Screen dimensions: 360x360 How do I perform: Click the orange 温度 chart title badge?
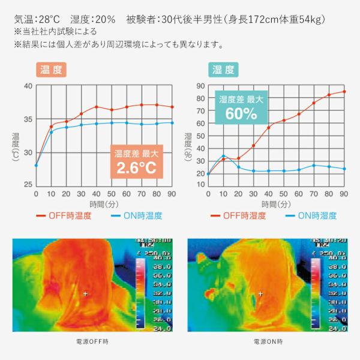click(51, 70)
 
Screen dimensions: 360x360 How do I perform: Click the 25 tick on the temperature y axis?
click(28, 184)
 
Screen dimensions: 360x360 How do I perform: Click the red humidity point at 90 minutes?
click(344, 92)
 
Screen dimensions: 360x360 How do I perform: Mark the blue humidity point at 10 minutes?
click(223, 156)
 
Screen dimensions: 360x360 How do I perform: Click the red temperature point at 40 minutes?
click(96, 107)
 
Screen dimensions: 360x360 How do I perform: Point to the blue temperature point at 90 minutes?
click(172, 122)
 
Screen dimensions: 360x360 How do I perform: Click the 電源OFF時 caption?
click(93, 341)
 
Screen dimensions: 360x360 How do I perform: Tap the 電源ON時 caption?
click(267, 341)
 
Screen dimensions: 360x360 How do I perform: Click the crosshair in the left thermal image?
click(85, 294)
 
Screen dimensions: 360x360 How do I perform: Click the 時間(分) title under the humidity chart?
click(276, 203)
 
